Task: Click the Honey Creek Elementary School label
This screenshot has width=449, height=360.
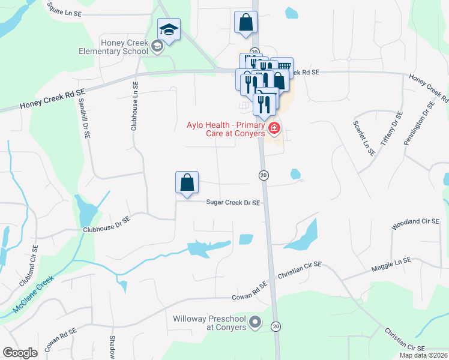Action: tap(124, 47)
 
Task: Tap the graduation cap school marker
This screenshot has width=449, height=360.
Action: tap(169, 30)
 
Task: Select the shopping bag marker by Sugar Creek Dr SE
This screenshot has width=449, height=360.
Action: tap(187, 183)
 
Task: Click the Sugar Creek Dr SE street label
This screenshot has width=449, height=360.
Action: tap(233, 203)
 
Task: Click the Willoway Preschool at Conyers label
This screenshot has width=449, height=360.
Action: tap(209, 323)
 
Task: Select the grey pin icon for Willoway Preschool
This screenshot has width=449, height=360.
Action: tap(255, 323)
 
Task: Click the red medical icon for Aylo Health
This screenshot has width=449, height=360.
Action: tap(274, 128)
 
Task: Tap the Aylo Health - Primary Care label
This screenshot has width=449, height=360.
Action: tap(225, 129)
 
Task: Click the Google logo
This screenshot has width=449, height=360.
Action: tap(20, 353)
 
